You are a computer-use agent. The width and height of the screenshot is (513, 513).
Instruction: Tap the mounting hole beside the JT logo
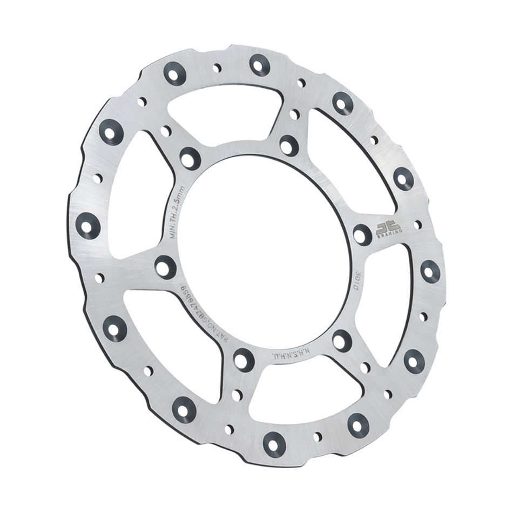coord(362,235)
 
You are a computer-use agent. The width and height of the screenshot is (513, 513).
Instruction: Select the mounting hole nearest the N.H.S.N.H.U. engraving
coord(341,340)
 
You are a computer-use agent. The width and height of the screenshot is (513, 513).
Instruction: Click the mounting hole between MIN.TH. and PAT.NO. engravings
coord(165,265)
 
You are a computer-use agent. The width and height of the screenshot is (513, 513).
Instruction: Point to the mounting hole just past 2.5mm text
coord(190,158)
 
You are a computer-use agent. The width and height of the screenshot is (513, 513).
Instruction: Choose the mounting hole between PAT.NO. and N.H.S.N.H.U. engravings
coord(243,358)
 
